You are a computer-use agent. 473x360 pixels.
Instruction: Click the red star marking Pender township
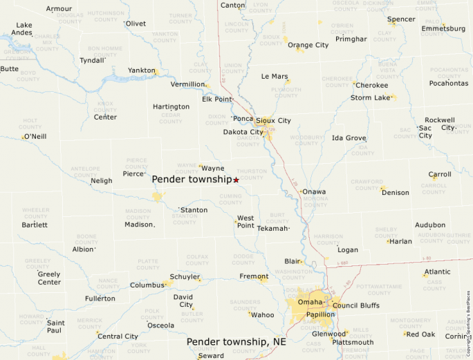(x=236, y=180)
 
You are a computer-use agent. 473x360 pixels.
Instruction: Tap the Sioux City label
(x=273, y=120)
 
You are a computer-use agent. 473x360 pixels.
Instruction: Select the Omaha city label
(x=310, y=302)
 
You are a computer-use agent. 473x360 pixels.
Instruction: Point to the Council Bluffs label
(x=355, y=305)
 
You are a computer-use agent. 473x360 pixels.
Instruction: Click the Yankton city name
(x=141, y=70)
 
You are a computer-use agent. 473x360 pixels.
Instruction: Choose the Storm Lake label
(x=370, y=97)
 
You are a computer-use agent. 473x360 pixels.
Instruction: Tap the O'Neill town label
(x=35, y=136)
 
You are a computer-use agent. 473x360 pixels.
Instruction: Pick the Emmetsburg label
(x=443, y=29)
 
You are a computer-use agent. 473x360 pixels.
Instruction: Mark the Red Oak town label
(x=420, y=334)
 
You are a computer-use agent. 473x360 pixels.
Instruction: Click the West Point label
(x=245, y=222)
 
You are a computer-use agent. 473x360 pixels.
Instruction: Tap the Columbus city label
(x=147, y=285)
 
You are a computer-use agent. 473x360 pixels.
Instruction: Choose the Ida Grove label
(x=349, y=138)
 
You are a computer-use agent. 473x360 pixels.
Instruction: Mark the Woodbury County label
(x=306, y=141)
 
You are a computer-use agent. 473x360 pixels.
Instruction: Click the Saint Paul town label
(x=55, y=326)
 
